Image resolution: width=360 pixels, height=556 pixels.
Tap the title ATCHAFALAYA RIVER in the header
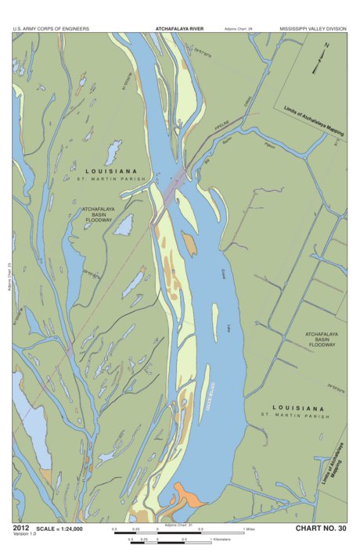click(180, 28)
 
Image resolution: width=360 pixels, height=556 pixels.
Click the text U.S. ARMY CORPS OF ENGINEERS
click(50, 28)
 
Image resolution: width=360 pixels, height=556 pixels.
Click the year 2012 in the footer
click(22, 529)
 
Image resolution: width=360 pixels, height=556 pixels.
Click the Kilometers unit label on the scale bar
click(225, 540)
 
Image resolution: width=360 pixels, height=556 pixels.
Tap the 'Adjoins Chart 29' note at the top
click(239, 28)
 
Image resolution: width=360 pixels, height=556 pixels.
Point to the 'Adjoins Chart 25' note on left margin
click(8, 277)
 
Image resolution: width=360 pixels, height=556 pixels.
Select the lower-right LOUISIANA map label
click(297, 408)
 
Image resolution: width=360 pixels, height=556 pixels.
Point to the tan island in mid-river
click(189, 244)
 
